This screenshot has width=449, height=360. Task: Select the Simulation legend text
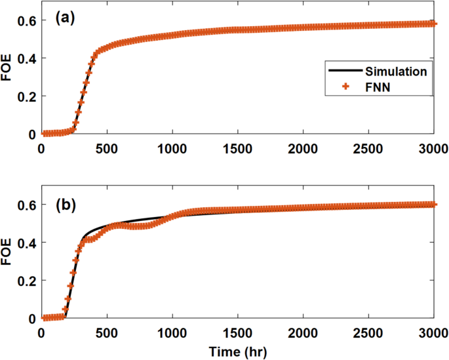point(397,71)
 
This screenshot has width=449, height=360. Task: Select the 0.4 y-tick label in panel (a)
point(26,58)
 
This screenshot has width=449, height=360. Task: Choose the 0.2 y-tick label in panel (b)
point(26,281)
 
